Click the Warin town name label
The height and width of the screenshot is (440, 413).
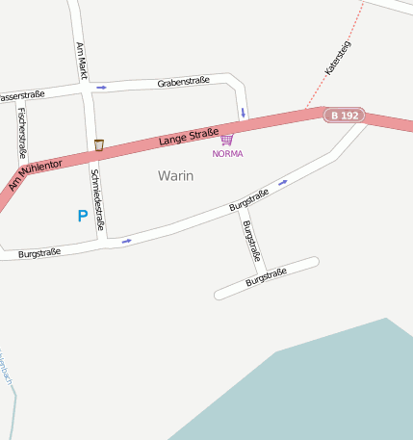[x=175, y=176]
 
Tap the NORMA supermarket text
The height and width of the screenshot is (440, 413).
[x=227, y=154]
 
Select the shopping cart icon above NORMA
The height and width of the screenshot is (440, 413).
[x=227, y=140]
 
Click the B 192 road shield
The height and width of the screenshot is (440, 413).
[x=344, y=116]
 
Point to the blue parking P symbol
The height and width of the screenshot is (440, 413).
[x=82, y=217]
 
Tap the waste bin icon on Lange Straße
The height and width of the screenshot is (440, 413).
[x=99, y=145]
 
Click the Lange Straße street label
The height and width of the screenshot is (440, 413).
[x=189, y=137]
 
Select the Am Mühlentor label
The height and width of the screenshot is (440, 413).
[x=35, y=174]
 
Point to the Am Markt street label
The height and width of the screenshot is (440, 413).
[x=82, y=61]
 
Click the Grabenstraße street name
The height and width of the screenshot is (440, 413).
[x=183, y=83]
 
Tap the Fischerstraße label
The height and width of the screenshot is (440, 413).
[x=21, y=132]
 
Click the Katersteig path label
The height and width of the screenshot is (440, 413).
[x=338, y=57]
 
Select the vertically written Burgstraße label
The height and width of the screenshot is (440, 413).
[x=251, y=241]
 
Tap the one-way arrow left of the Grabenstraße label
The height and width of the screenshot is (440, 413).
[x=101, y=88]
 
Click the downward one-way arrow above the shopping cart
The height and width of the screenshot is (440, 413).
[x=243, y=113]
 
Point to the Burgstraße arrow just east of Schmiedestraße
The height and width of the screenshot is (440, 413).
[x=126, y=241]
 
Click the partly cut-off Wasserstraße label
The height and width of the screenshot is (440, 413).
[x=21, y=96]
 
